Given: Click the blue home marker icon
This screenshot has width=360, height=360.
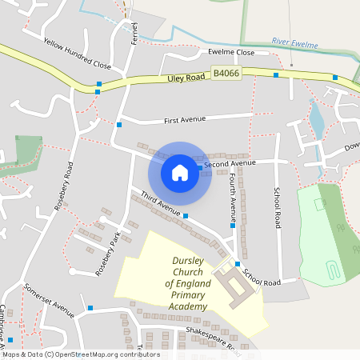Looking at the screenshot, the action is tap(180, 172).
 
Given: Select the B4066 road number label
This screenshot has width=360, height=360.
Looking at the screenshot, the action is tap(226, 74).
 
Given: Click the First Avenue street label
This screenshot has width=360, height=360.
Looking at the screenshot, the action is tap(185, 119).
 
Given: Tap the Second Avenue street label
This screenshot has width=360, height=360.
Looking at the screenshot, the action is tap(230, 163).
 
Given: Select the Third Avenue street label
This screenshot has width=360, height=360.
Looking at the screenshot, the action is tap(162, 203).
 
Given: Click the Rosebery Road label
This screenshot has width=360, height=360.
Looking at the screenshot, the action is tap(64, 186).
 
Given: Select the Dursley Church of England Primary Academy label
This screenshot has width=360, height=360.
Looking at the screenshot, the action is tap(190, 283).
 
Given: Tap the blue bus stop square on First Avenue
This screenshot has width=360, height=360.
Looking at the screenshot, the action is tap(118, 124).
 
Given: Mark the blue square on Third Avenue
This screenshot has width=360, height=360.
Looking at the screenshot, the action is tap(186, 216).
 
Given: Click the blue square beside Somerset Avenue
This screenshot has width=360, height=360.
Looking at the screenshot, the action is tap(90, 307).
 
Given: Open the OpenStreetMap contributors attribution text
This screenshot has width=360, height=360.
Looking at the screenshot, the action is tap(80, 354).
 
